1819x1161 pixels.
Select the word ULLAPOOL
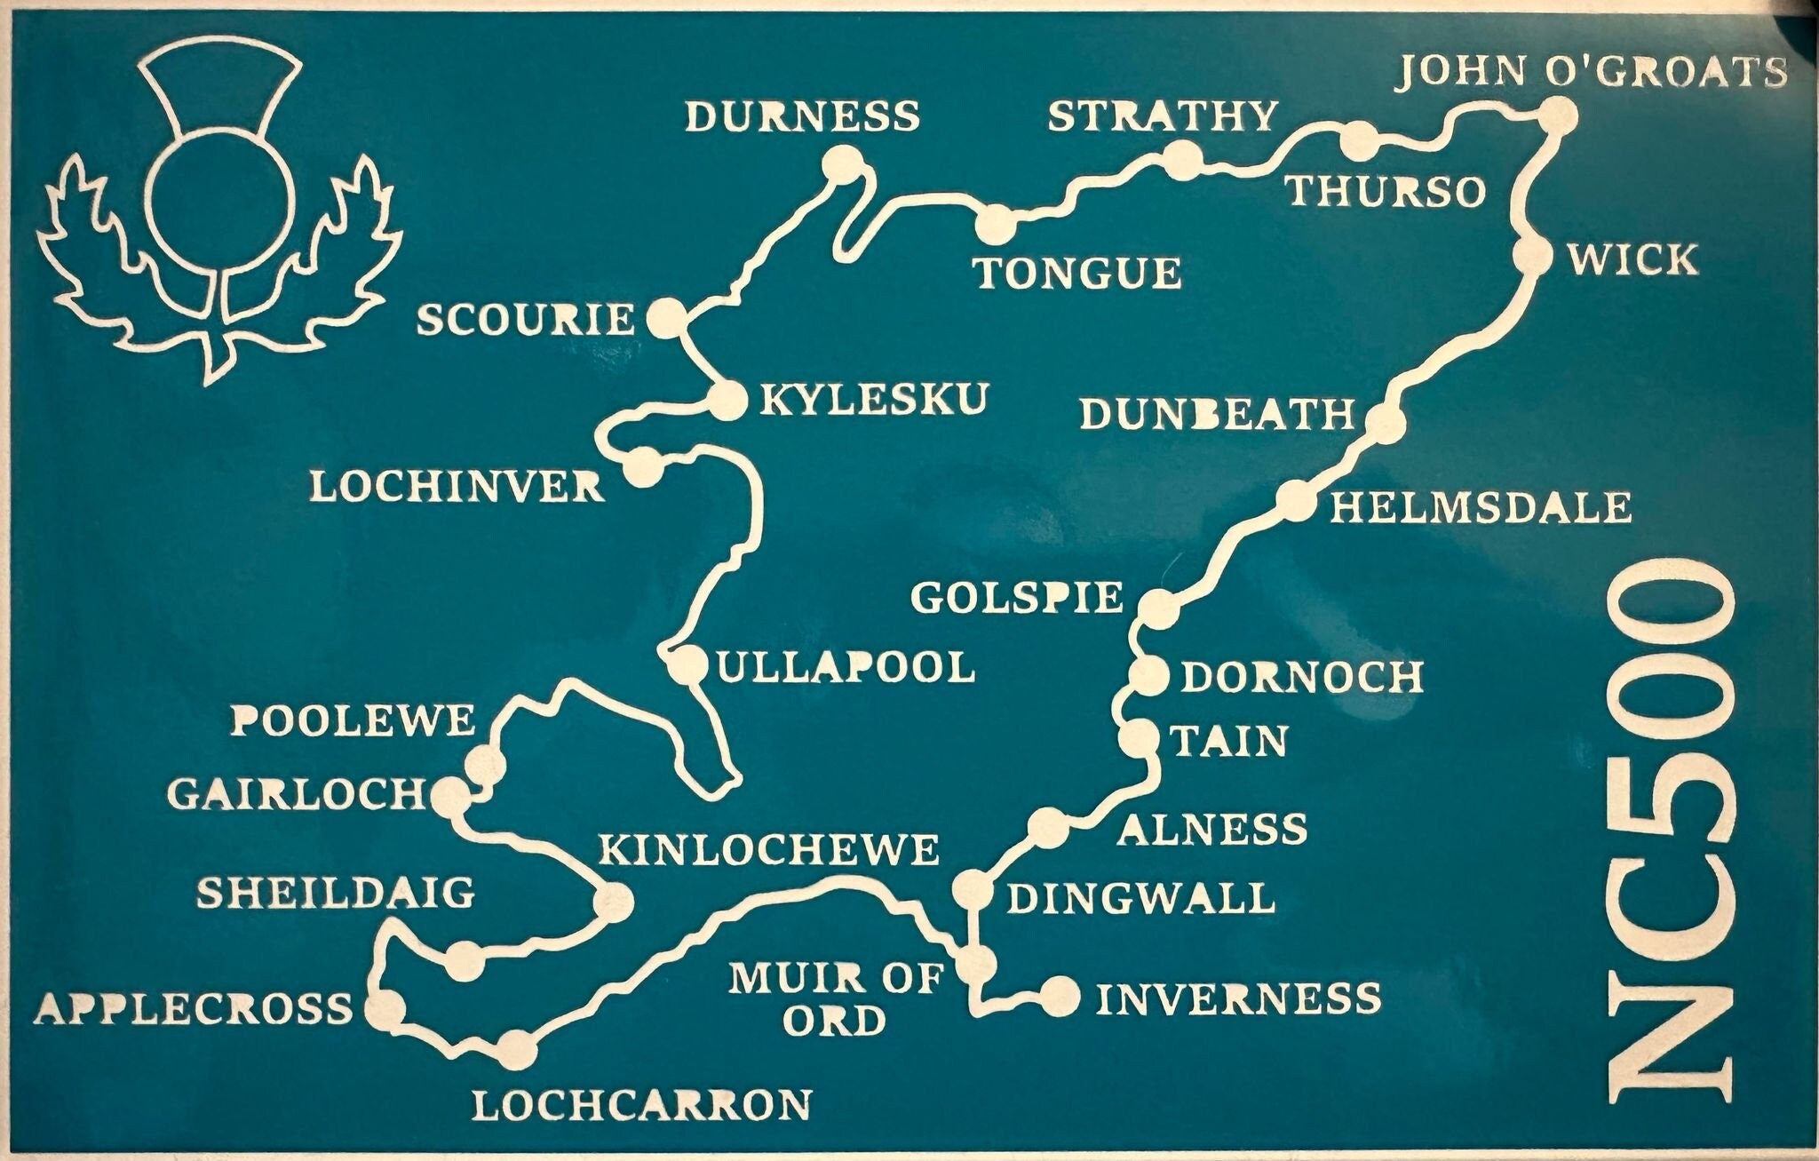coord(846,668)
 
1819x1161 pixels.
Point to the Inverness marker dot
coord(1060,997)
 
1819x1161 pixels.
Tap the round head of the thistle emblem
coord(221,200)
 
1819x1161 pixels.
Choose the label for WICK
coord(1632,260)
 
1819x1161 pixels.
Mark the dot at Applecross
coord(385,1009)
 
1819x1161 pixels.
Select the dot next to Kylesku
coord(727,400)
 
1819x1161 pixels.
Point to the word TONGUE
coord(1078,274)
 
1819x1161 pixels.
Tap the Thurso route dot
coord(1358,140)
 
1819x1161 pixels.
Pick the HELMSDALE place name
coord(1480,508)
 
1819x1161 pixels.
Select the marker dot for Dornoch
coord(1149,677)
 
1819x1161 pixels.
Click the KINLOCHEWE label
coord(769,851)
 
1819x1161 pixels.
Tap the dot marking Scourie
coord(666,318)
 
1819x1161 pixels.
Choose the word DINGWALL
coord(1140,899)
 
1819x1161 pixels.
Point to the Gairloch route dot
coord(449,796)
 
